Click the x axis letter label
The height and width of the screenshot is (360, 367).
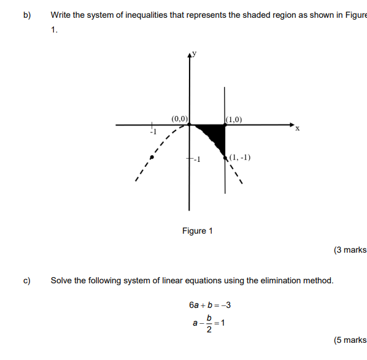pos(298,129)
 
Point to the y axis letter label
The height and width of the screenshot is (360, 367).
pos(195,53)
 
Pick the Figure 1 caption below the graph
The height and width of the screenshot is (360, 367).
pos(198,231)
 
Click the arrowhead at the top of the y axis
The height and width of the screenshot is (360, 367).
pos(189,56)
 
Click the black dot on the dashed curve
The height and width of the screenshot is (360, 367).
pos(152,157)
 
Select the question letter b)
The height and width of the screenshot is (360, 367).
pos(27,15)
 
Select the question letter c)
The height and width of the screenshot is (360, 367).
pos(27,281)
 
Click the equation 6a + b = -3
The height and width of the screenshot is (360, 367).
pos(210,305)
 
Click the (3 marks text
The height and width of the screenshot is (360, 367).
pos(350,250)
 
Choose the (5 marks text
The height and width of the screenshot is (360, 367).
pos(350,340)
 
